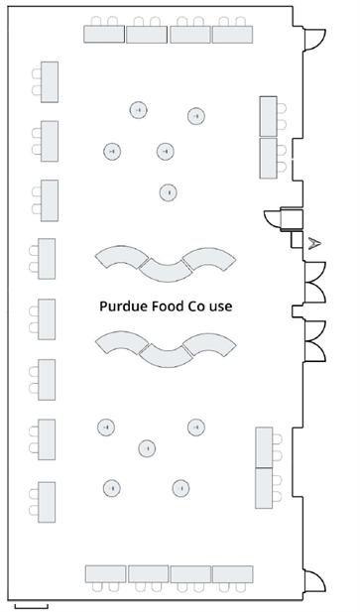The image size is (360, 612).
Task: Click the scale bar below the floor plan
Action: point(31,602)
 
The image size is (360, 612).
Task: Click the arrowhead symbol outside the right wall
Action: point(314,242)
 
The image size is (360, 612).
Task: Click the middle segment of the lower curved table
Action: point(164,352)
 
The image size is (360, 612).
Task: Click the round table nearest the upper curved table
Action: point(170,191)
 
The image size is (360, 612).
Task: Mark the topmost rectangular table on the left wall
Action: point(49,81)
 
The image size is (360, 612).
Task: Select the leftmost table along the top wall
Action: point(104,34)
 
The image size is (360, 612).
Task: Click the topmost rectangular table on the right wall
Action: point(268,115)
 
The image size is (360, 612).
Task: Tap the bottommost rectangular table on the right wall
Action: point(264,488)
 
